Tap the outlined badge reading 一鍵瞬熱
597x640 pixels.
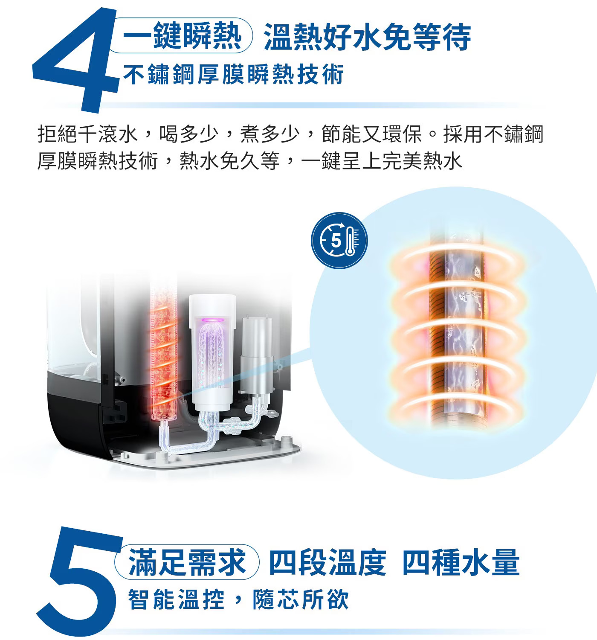[182, 35]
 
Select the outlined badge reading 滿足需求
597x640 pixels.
[187, 562]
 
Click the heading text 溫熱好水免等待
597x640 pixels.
[367, 36]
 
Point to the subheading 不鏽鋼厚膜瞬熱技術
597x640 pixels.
[234, 74]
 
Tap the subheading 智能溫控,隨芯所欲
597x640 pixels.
[238, 600]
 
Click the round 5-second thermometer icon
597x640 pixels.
[339, 240]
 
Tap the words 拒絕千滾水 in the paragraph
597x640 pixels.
[88, 134]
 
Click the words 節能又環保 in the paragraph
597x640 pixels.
[372, 134]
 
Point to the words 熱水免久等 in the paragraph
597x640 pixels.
[229, 160]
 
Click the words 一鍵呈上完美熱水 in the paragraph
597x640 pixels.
[382, 160]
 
